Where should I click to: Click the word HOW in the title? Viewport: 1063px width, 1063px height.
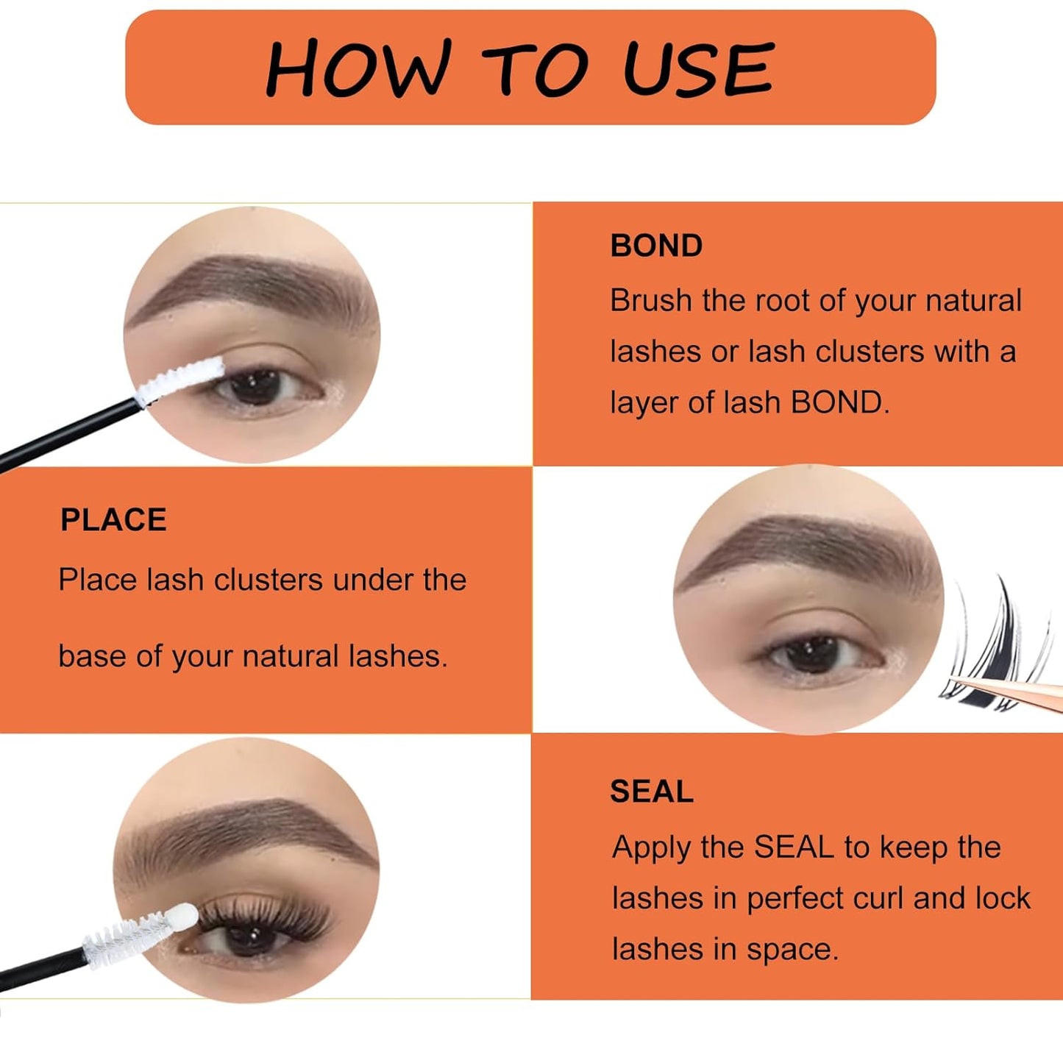coord(357,69)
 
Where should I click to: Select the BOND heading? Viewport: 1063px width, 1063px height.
coord(656,246)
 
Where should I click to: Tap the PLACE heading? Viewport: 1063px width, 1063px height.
coord(113,520)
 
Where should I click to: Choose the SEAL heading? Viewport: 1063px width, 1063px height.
coord(652,792)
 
